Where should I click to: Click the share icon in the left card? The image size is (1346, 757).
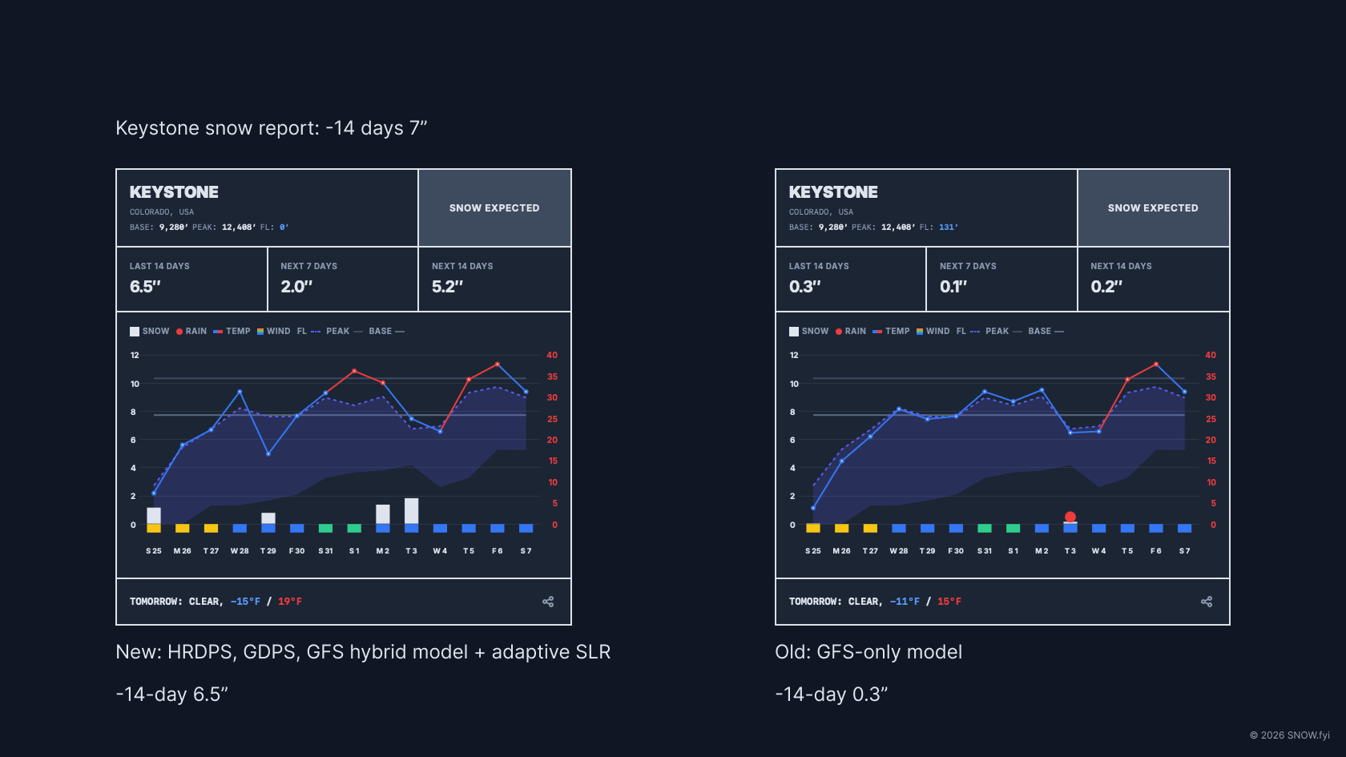[x=548, y=602]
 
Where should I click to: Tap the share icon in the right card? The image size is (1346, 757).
[x=1207, y=602]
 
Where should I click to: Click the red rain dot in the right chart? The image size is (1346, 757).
[x=1070, y=517]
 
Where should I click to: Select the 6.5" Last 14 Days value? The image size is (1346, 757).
[x=146, y=287]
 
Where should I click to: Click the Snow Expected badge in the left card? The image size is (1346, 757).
[x=494, y=207]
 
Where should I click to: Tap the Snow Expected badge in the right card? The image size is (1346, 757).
[x=1153, y=207]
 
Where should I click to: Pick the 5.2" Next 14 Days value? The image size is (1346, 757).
[x=447, y=287]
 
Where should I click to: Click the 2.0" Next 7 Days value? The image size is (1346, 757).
[x=296, y=287]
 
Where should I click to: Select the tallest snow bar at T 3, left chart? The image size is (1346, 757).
[x=412, y=510]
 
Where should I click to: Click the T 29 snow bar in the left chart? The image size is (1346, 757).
[x=268, y=518]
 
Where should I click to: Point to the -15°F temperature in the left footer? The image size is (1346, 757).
[x=245, y=602]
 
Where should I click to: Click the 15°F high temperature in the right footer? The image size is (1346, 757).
[x=949, y=602]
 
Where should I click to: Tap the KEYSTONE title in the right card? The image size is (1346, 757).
[x=833, y=192]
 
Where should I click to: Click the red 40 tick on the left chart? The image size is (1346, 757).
[x=552, y=355]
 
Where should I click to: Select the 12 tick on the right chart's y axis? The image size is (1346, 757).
[x=794, y=355]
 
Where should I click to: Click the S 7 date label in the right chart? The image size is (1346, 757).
[x=1184, y=551]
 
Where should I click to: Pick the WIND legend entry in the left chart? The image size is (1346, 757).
[x=274, y=331]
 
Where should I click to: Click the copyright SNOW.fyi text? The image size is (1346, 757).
[x=1290, y=735]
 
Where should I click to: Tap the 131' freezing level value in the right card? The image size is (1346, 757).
[x=948, y=228]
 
